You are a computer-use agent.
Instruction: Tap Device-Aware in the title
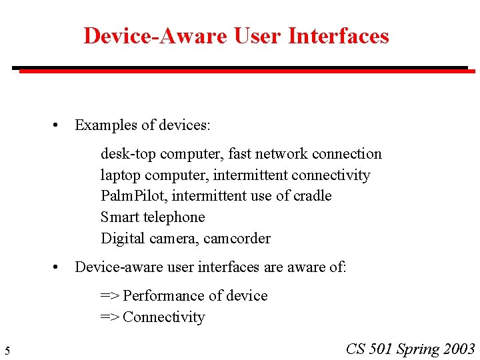click(155, 35)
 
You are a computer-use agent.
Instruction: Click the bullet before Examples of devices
click(58, 125)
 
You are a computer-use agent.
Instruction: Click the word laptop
click(119, 175)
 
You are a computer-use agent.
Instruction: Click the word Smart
click(119, 217)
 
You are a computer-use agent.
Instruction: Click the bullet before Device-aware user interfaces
click(58, 267)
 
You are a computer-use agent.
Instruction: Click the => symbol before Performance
click(109, 296)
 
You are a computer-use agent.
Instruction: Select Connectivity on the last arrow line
click(163, 317)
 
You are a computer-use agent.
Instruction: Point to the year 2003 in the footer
click(459, 349)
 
